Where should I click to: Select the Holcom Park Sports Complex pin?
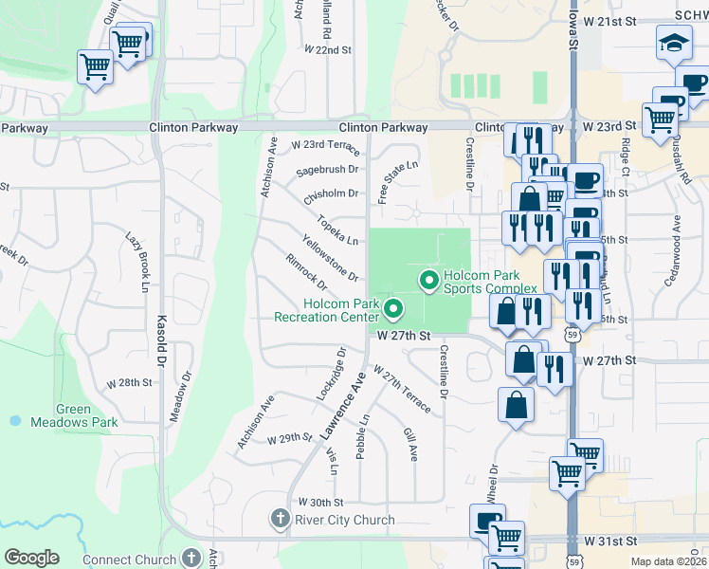coord(427,280)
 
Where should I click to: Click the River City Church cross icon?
coord(280,519)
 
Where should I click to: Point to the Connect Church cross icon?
coord(192,559)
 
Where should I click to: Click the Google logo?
coord(31,558)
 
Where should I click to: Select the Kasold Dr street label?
coord(161,341)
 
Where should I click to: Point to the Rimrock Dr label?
coord(306,272)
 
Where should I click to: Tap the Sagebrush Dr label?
coord(328,170)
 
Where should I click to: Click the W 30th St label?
coord(319,502)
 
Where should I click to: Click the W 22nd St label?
coord(329,49)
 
